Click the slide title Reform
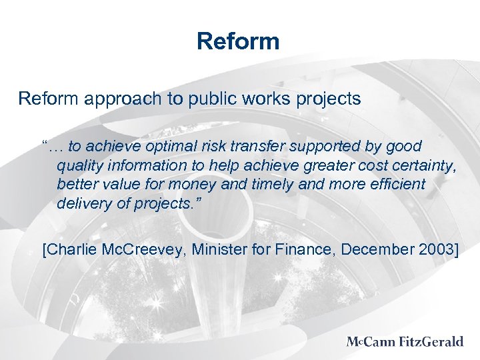[x=238, y=41]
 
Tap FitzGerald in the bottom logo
[x=432, y=342]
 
